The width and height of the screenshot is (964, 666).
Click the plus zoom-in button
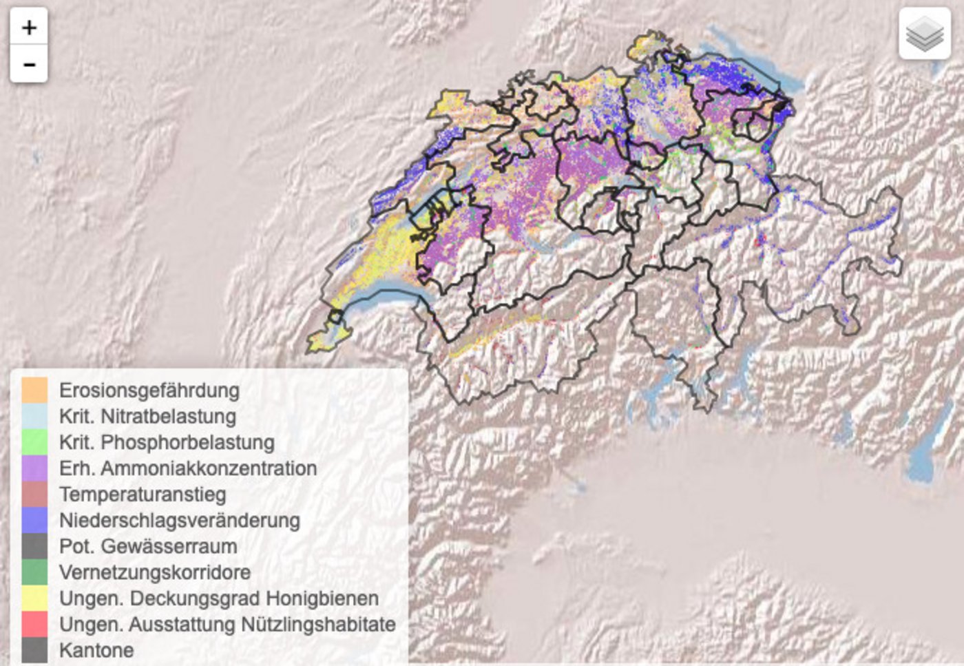[29, 28]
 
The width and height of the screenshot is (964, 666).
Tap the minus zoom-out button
[29, 65]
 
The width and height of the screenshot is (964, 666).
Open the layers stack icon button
[924, 34]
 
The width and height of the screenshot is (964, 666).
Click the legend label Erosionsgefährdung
[149, 391]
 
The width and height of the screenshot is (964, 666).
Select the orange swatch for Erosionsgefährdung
[34, 390]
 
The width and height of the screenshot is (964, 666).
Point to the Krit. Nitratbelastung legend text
[147, 417]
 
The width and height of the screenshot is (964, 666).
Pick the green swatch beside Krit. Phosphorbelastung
[34, 442]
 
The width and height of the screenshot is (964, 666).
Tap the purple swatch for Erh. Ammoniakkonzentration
[34, 468]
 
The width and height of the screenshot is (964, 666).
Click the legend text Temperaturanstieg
[143, 495]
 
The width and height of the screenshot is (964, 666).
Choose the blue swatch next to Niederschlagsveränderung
[34, 520]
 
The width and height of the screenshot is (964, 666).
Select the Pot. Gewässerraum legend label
[148, 546]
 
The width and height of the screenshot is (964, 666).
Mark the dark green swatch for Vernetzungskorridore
[34, 572]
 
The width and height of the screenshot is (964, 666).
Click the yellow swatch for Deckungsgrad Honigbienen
[34, 598]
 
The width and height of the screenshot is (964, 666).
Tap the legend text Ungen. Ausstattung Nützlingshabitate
[227, 624]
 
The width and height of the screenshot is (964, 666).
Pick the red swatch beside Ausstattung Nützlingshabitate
[34, 624]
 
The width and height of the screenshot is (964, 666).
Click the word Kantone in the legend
[96, 650]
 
